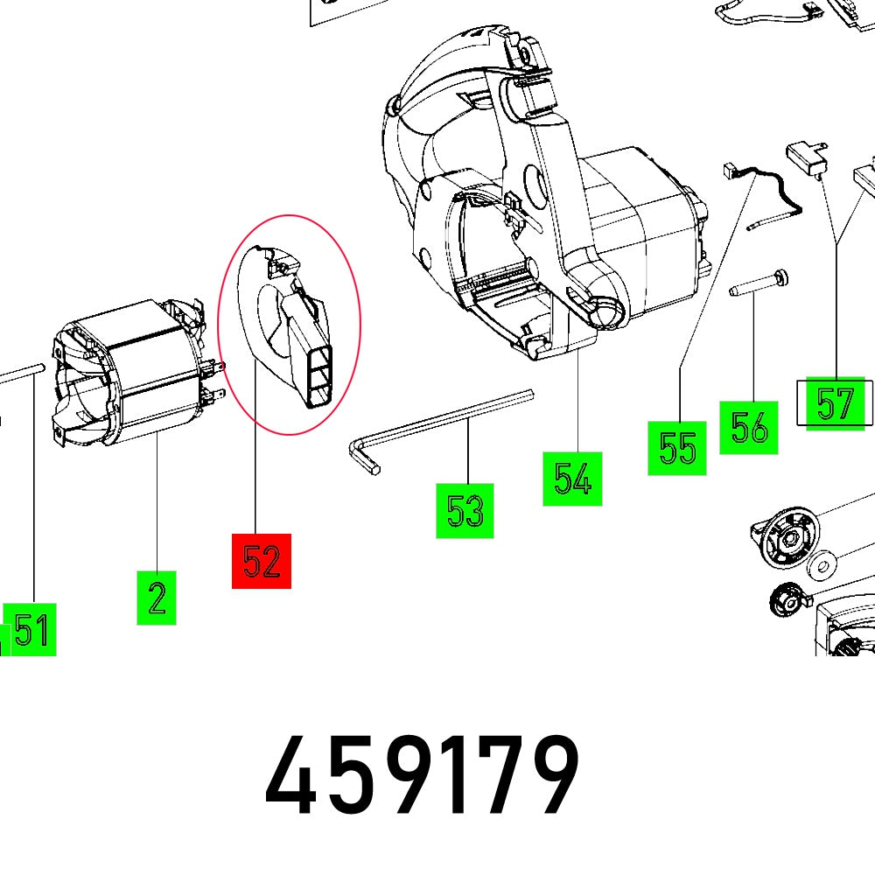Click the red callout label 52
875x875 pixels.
click(x=261, y=561)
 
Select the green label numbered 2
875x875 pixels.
click(x=157, y=598)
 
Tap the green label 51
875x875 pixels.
click(x=31, y=629)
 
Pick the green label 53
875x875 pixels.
click(x=465, y=510)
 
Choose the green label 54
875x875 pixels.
click(x=572, y=479)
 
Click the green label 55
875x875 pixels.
click(x=677, y=448)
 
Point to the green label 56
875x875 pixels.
click(x=749, y=428)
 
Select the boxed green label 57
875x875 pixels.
click(x=834, y=404)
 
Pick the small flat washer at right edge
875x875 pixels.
click(x=822, y=564)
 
